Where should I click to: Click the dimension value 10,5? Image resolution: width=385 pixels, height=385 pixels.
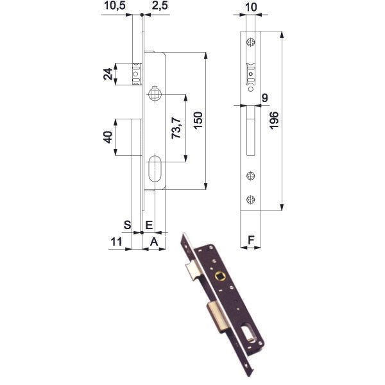pyautogui.click(x=115, y=6)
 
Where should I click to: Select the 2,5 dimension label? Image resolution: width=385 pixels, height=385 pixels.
pyautogui.click(x=160, y=6)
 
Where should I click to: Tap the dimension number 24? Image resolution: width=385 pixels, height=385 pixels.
pyautogui.click(x=108, y=74)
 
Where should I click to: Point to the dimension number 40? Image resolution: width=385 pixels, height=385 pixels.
pyautogui.click(x=108, y=137)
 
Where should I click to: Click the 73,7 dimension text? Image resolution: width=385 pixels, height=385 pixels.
pyautogui.click(x=177, y=128)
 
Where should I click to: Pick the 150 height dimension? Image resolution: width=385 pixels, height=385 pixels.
pyautogui.click(x=198, y=121)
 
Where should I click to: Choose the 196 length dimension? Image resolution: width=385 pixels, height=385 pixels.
pyautogui.click(x=274, y=121)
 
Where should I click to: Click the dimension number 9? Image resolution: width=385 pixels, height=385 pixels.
pyautogui.click(x=264, y=98)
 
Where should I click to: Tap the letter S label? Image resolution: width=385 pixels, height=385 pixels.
pyautogui.click(x=127, y=225)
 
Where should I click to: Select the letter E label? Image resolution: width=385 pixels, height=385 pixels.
pyautogui.click(x=150, y=225)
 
